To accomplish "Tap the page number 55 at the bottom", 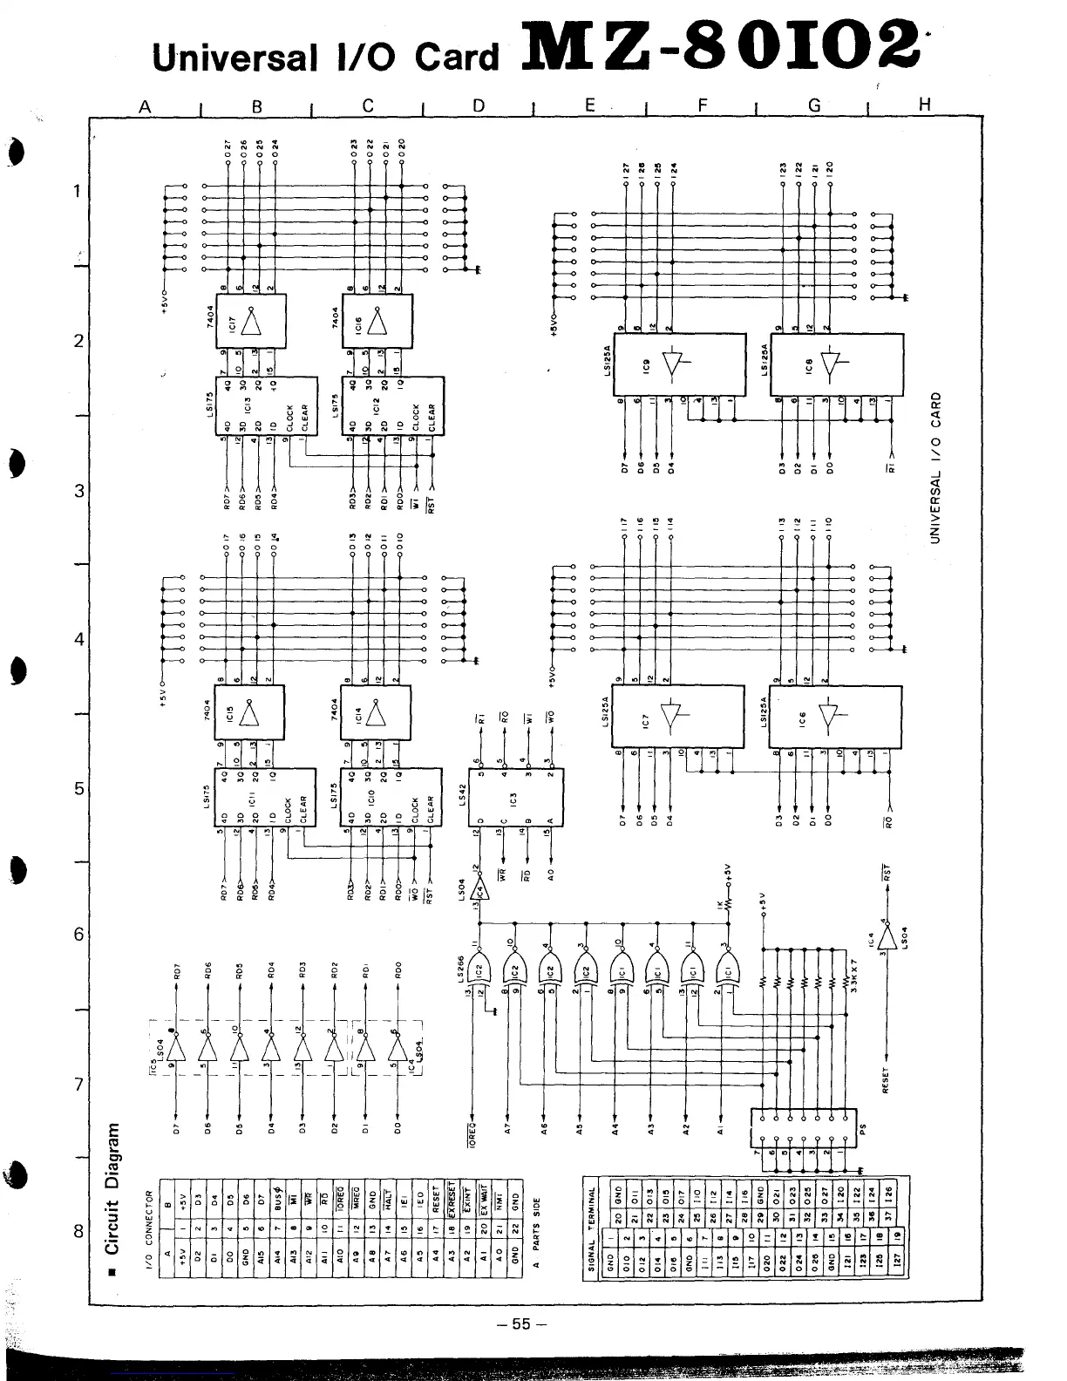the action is pyautogui.click(x=521, y=1323).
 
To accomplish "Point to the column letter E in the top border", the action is pyautogui.click(x=590, y=105).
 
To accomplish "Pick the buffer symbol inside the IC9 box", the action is pyautogui.click(x=672, y=364).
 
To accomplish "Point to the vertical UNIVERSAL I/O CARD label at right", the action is pyautogui.click(x=935, y=467).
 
